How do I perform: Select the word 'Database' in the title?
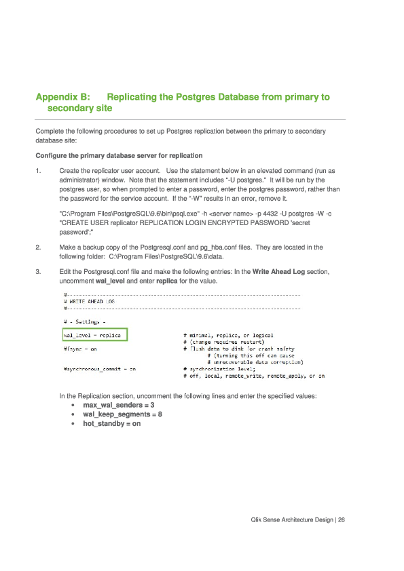pos(237,98)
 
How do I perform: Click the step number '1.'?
pos(39,171)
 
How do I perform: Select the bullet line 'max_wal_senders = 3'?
pos(118,405)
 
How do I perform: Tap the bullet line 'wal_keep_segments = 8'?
pos(122,414)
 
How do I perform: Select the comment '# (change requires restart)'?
pos(224,342)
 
